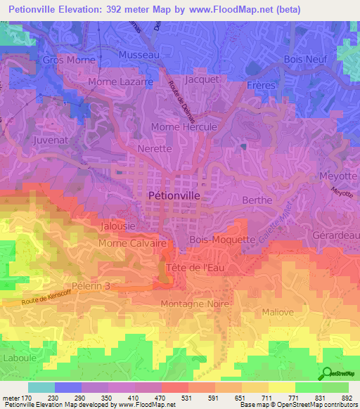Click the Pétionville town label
pyautogui.click(x=176, y=195)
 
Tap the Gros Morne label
pyautogui.click(x=69, y=60)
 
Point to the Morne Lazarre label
pyautogui.click(x=120, y=82)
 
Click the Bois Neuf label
pyautogui.click(x=306, y=60)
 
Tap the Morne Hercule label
pyautogui.click(x=182, y=126)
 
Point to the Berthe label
pyautogui.click(x=257, y=200)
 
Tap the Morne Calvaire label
pyautogui.click(x=132, y=243)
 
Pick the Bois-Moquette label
pyautogui.click(x=222, y=240)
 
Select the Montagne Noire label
pyautogui.click(x=195, y=304)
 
